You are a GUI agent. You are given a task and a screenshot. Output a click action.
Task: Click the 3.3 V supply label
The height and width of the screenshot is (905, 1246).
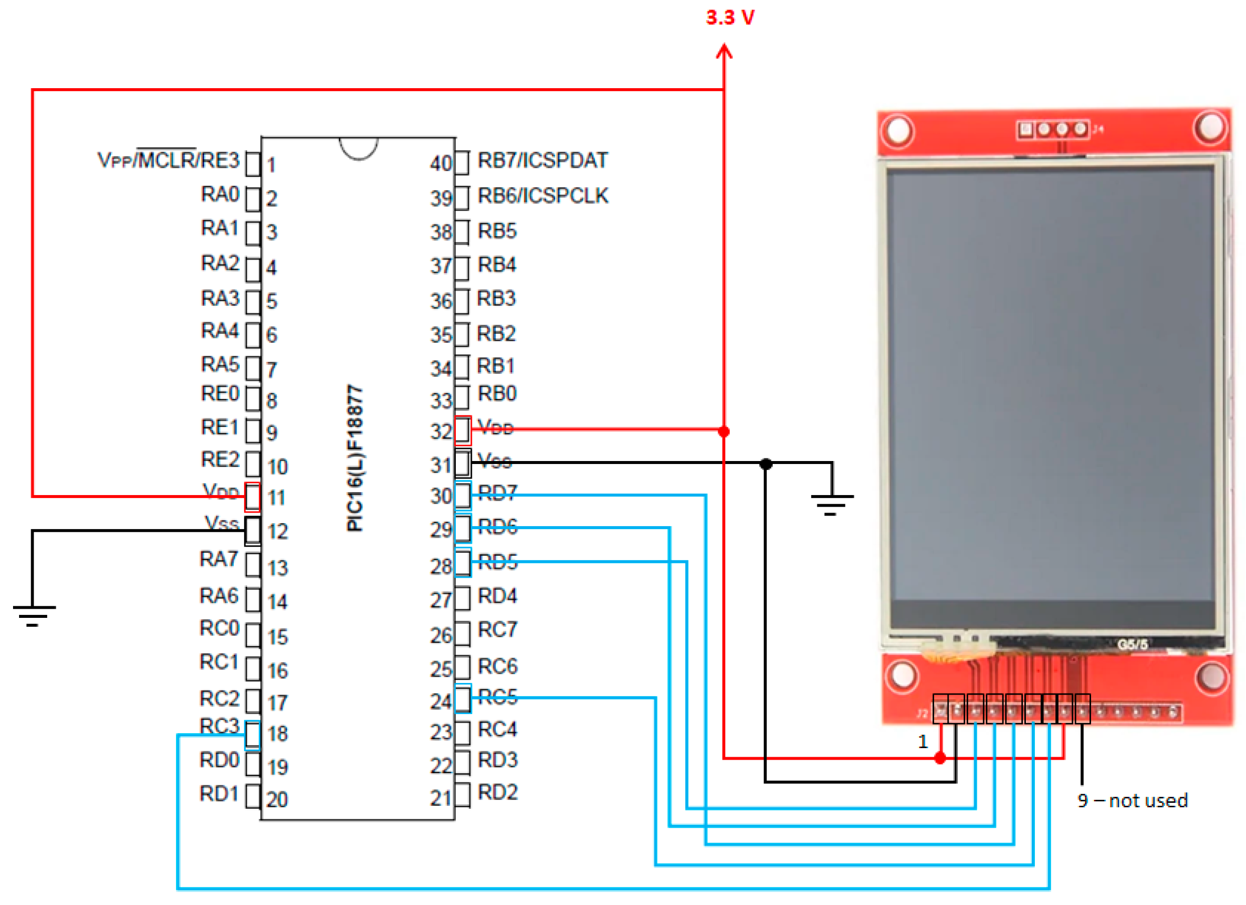[730, 18]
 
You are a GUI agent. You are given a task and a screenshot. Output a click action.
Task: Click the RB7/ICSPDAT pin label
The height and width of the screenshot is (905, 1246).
[543, 160]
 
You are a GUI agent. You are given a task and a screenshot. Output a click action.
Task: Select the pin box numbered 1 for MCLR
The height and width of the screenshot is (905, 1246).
[253, 164]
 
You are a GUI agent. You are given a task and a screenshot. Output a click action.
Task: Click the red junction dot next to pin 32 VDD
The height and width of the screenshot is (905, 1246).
[724, 431]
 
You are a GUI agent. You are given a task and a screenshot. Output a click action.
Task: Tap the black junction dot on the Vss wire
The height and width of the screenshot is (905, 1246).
[766, 464]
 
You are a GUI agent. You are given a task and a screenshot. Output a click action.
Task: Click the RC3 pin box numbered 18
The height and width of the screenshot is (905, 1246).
[253, 735]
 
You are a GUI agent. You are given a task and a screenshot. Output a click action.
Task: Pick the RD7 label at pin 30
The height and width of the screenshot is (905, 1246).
[497, 493]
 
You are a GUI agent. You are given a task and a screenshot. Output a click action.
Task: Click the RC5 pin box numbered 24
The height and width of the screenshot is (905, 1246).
[463, 699]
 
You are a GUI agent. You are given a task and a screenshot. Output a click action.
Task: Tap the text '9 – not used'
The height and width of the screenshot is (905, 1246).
[1132, 801]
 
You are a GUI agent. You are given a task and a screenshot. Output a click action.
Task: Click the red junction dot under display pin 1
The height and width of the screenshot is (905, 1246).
[940, 758]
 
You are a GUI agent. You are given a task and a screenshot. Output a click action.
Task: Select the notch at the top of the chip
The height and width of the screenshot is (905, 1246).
[359, 148]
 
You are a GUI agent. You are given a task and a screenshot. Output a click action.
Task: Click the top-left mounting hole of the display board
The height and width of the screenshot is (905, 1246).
[898, 131]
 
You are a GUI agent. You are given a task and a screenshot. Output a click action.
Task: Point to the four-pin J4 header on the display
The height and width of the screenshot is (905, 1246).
[1052, 130]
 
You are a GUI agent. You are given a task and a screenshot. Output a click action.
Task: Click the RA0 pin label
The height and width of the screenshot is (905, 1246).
[220, 194]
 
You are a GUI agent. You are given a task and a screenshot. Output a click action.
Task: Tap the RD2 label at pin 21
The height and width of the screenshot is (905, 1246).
[497, 792]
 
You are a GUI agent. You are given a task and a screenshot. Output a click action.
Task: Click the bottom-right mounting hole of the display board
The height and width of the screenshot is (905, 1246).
[1213, 676]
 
